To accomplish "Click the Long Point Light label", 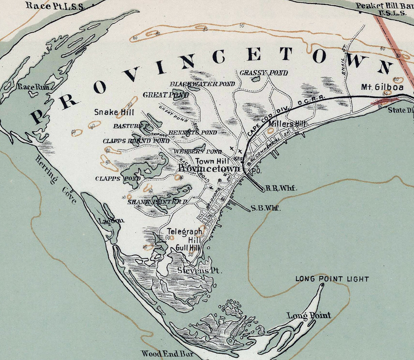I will pyautogui.click(x=332, y=279).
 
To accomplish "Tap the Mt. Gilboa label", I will pyautogui.click(x=382, y=87).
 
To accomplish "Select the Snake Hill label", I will pyautogui.click(x=114, y=112).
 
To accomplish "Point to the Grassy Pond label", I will pyautogui.click(x=263, y=73).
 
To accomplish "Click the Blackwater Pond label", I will pyautogui.click(x=202, y=84).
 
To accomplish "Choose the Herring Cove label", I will pyautogui.click(x=55, y=180).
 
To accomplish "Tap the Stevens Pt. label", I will pyautogui.click(x=200, y=271).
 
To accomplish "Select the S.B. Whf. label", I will pyautogui.click(x=266, y=208).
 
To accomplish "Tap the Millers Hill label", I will pyautogui.click(x=287, y=124).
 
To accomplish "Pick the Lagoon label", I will pyautogui.click(x=111, y=221).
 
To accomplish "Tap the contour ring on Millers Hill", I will pyautogui.click(x=271, y=130).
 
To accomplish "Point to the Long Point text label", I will pyautogui.click(x=309, y=315).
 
